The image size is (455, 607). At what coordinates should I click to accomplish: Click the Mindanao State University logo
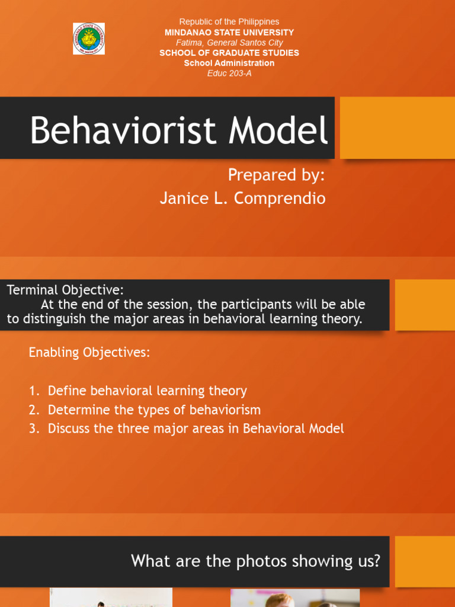pyautogui.click(x=89, y=39)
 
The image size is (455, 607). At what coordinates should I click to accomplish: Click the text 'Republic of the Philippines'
pyautogui.click(x=229, y=22)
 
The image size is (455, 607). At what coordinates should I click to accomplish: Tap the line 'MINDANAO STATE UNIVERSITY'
pyautogui.click(x=229, y=33)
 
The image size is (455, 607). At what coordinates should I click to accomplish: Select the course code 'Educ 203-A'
pyautogui.click(x=229, y=74)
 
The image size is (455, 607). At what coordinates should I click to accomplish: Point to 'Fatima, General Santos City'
pyautogui.click(x=229, y=43)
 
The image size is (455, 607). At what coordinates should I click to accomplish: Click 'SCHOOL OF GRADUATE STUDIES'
pyautogui.click(x=229, y=53)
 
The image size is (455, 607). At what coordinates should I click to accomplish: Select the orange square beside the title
pyautogui.click(x=397, y=128)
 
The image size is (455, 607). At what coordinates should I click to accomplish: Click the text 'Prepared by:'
pyautogui.click(x=276, y=175)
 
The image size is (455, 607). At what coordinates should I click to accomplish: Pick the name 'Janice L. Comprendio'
pyautogui.click(x=242, y=199)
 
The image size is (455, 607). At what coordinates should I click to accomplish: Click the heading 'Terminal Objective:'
pyautogui.click(x=65, y=290)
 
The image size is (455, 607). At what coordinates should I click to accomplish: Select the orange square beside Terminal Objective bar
pyautogui.click(x=425, y=305)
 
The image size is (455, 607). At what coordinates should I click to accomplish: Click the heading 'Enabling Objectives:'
pyautogui.click(x=89, y=353)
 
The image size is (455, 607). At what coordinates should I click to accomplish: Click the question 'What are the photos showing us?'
pyautogui.click(x=255, y=561)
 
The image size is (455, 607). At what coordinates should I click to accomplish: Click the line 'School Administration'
pyautogui.click(x=229, y=63)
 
